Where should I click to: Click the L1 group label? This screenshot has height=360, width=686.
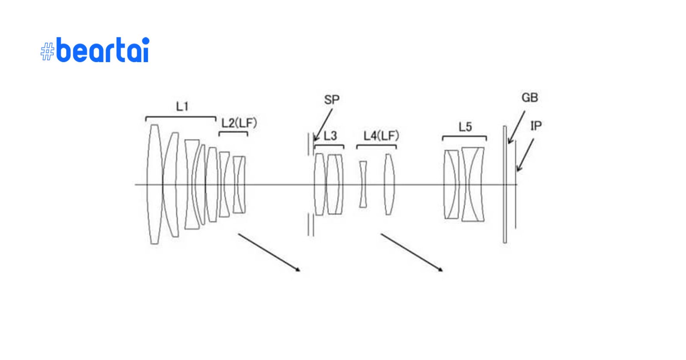(182, 107)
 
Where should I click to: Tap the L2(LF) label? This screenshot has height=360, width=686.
(239, 123)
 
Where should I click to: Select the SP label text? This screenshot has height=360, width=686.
(332, 100)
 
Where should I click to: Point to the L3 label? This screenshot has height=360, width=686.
(331, 135)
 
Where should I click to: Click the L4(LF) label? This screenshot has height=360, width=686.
(381, 136)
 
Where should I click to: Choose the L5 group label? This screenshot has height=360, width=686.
(465, 127)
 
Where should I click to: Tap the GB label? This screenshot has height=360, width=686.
(530, 98)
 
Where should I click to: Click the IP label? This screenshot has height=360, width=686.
(536, 126)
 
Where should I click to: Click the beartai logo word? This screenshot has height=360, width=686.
(103, 50)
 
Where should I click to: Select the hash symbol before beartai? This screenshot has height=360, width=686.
(48, 51)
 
